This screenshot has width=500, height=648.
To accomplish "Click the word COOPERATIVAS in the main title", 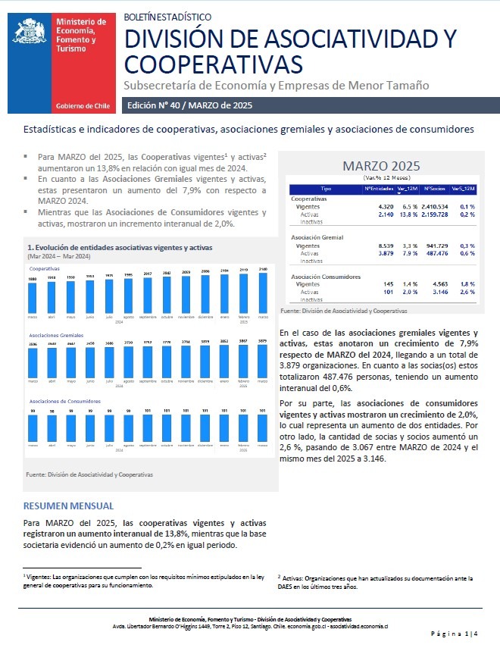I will [213, 61].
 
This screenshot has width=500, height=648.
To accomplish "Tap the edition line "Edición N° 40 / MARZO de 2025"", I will [189, 105].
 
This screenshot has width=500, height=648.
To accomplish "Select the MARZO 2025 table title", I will [381, 166].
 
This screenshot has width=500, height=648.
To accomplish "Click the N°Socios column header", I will [433, 188].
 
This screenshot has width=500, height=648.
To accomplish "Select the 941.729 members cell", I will [434, 246].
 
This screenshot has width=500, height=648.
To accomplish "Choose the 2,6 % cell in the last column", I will [467, 292].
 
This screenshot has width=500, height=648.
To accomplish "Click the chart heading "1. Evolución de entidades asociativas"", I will [120, 248].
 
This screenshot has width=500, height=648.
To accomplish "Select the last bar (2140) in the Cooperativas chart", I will [262, 293].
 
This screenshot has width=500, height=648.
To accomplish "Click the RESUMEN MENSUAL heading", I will [68, 506].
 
